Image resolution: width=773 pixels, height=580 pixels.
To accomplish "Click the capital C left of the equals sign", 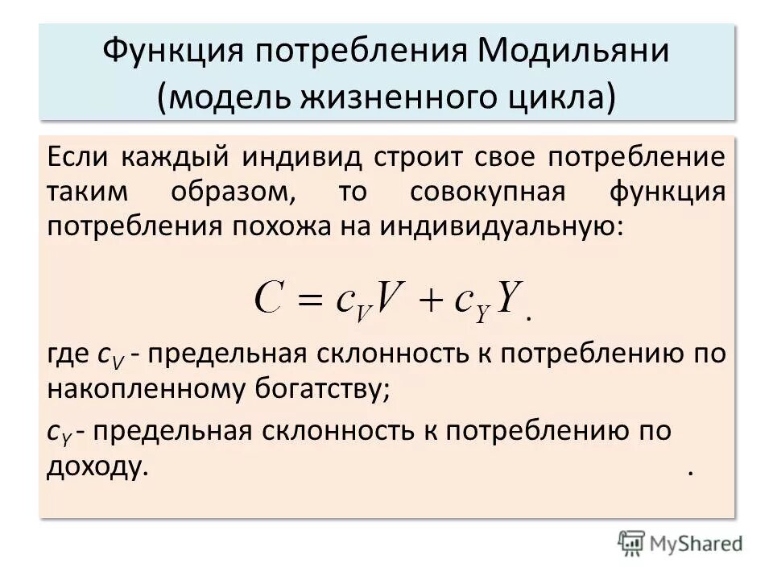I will pyautogui.click(x=271, y=300).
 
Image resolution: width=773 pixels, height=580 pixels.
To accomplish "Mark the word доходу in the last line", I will pyautogui.click(x=98, y=467).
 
